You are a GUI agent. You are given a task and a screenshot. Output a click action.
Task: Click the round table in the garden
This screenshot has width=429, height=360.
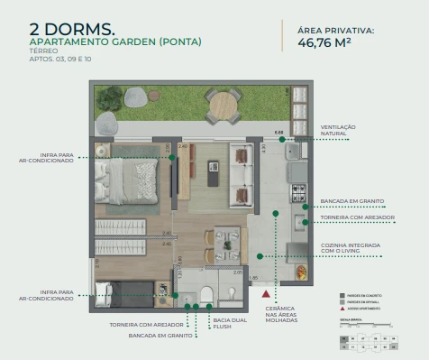pos(222,106)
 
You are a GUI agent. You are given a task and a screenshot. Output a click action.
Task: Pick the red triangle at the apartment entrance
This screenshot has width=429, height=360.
pos(265,293)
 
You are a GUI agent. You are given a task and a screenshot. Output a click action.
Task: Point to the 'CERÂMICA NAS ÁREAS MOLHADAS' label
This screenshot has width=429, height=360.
pos(279,318)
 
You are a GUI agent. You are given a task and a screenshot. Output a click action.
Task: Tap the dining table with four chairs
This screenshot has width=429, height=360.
pos(222,240)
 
